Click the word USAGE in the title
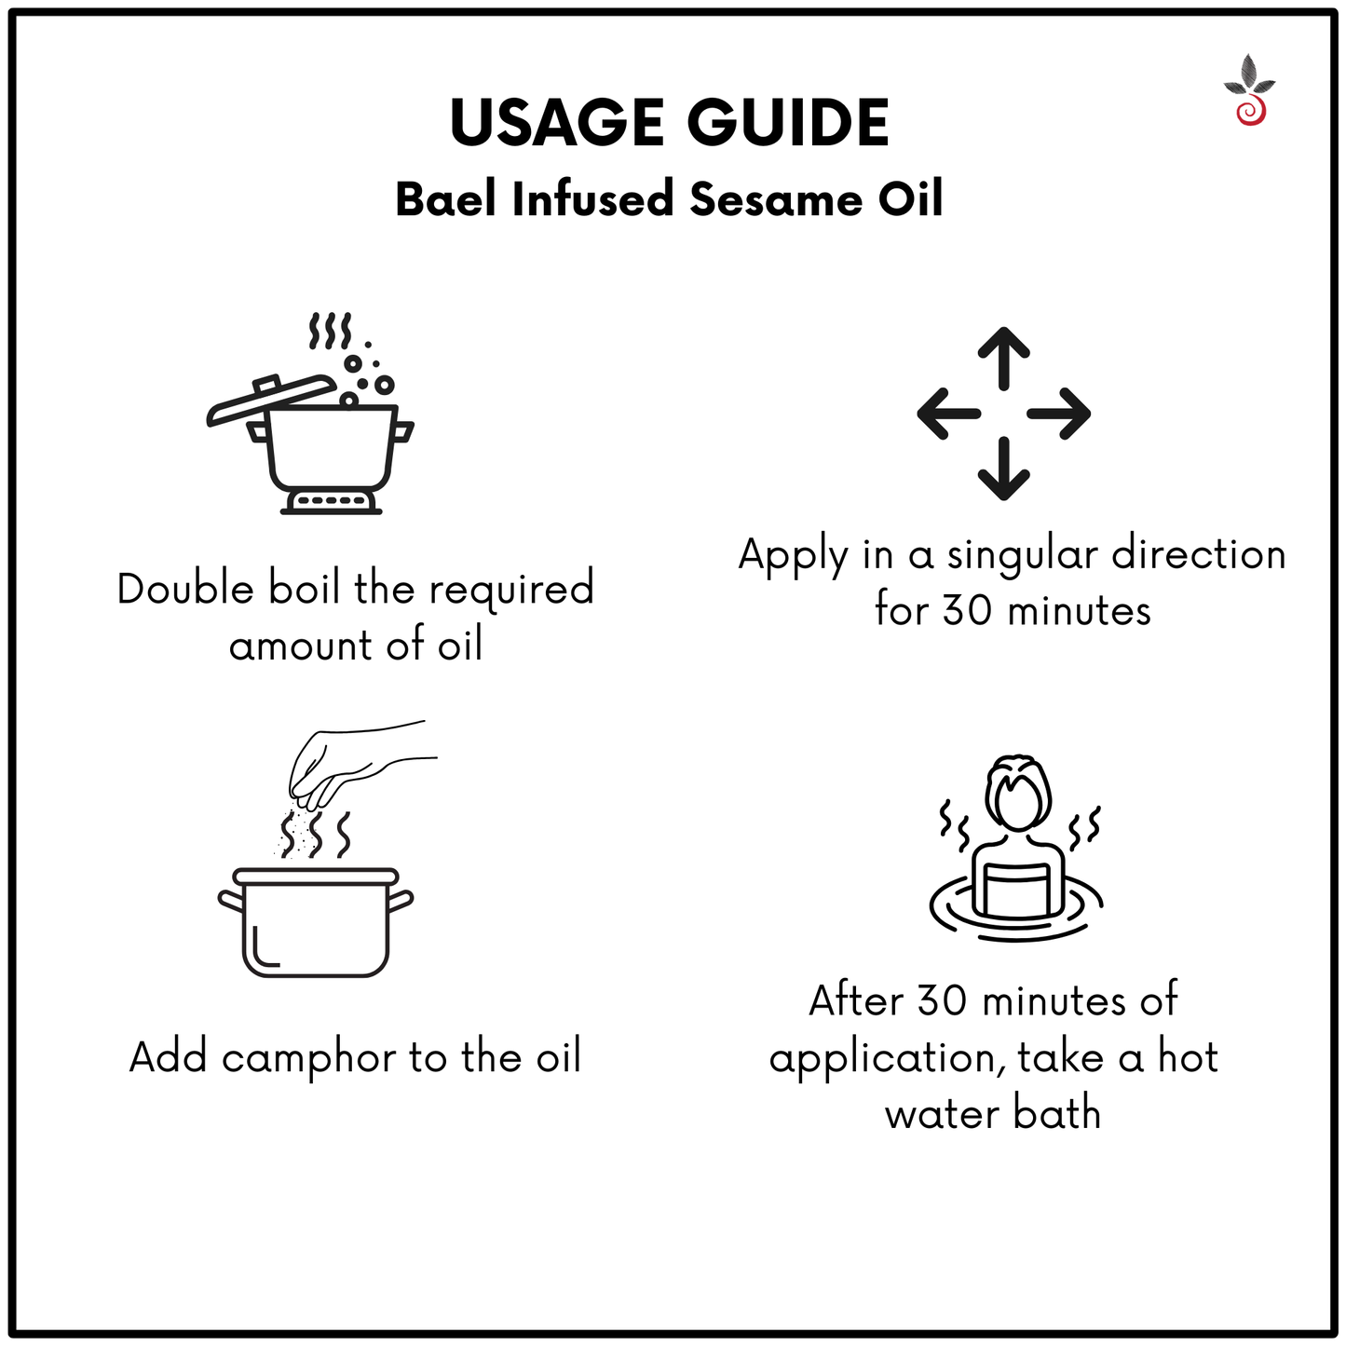point(557,123)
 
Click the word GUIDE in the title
point(788,123)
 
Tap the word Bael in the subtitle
point(445,199)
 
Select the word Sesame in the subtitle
point(776,199)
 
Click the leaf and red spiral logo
point(1250,90)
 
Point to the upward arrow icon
point(1004,359)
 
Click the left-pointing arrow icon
point(948,414)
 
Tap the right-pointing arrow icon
point(1059,414)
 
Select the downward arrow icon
point(1004,469)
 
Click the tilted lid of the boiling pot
point(272,400)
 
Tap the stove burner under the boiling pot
point(331,502)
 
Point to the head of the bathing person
point(1018,792)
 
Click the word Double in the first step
point(185,589)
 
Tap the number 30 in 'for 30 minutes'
point(968,611)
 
